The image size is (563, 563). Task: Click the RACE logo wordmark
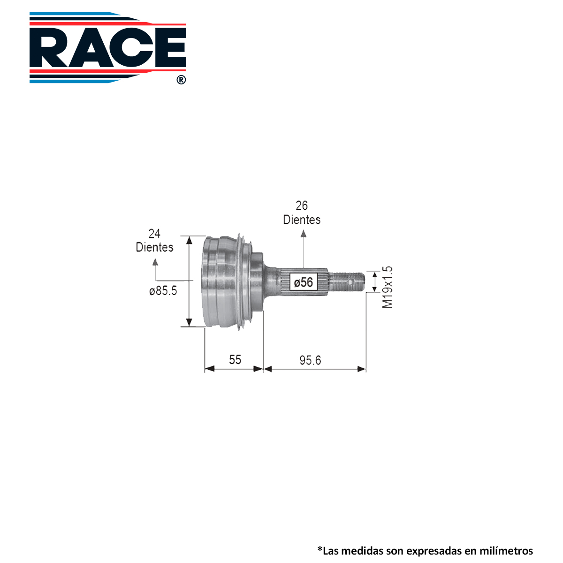tap(108, 48)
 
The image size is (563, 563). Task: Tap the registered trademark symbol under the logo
tap(181, 80)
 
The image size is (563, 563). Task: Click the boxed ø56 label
tap(303, 282)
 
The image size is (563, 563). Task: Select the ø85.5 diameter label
tap(163, 291)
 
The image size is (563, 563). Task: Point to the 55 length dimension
tap(235, 360)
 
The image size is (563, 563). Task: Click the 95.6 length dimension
tap(310, 360)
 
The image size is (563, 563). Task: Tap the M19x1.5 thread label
tap(388, 287)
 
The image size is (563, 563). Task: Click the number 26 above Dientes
tap(302, 205)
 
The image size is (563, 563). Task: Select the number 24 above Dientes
tap(154, 234)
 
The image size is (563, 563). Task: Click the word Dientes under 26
tap(302, 220)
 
